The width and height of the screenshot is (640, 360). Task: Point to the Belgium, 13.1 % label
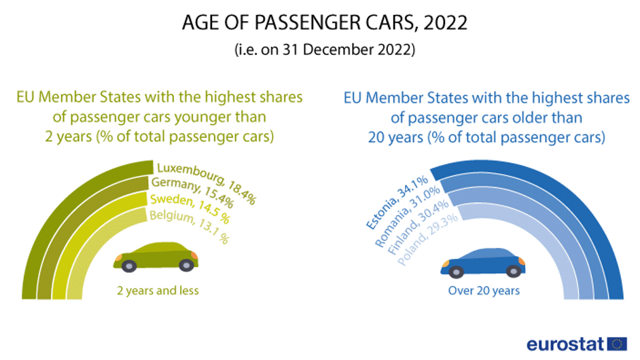point(189,226)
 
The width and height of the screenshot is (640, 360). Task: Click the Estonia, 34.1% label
point(397,202)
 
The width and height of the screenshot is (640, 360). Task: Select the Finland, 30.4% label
point(418,227)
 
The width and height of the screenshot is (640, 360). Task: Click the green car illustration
point(156,257)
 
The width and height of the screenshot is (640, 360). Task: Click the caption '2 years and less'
point(158,291)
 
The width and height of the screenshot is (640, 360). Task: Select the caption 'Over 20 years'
point(484,291)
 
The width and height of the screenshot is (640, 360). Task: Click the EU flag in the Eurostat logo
point(617,344)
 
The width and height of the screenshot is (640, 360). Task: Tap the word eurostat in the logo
point(565,344)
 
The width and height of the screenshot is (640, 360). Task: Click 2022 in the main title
point(445,22)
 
